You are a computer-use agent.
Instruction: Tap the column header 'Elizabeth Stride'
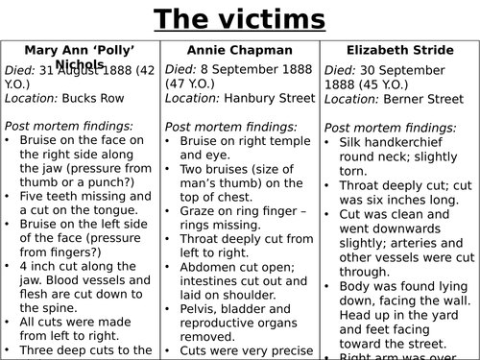397,50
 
